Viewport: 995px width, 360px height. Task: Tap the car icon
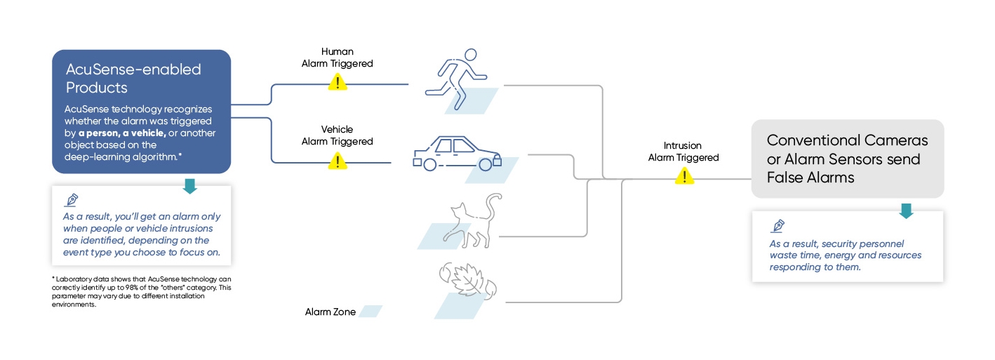click(457, 154)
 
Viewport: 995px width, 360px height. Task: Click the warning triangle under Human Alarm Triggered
click(338, 83)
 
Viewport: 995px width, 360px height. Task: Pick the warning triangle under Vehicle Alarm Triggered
click(338, 161)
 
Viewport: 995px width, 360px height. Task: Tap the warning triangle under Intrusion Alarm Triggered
click(684, 176)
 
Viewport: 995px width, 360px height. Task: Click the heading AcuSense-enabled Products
click(133, 78)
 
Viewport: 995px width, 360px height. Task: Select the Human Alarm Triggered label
click(338, 58)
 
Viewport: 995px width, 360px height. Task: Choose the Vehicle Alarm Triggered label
click(338, 135)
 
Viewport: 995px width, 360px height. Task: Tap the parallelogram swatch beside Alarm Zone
click(370, 311)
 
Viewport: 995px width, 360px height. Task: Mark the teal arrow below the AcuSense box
click(189, 186)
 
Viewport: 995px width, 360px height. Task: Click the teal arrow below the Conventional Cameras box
click(907, 211)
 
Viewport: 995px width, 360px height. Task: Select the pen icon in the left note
click(71, 199)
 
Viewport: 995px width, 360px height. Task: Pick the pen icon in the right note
click(777, 226)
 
